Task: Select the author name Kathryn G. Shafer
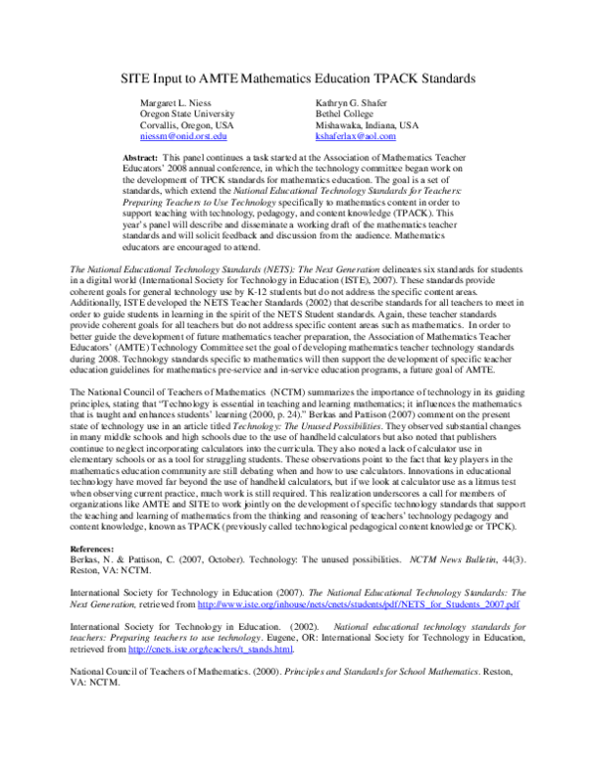tap(355, 103)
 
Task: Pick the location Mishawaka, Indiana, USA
tap(367, 127)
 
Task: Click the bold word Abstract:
tap(142, 159)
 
